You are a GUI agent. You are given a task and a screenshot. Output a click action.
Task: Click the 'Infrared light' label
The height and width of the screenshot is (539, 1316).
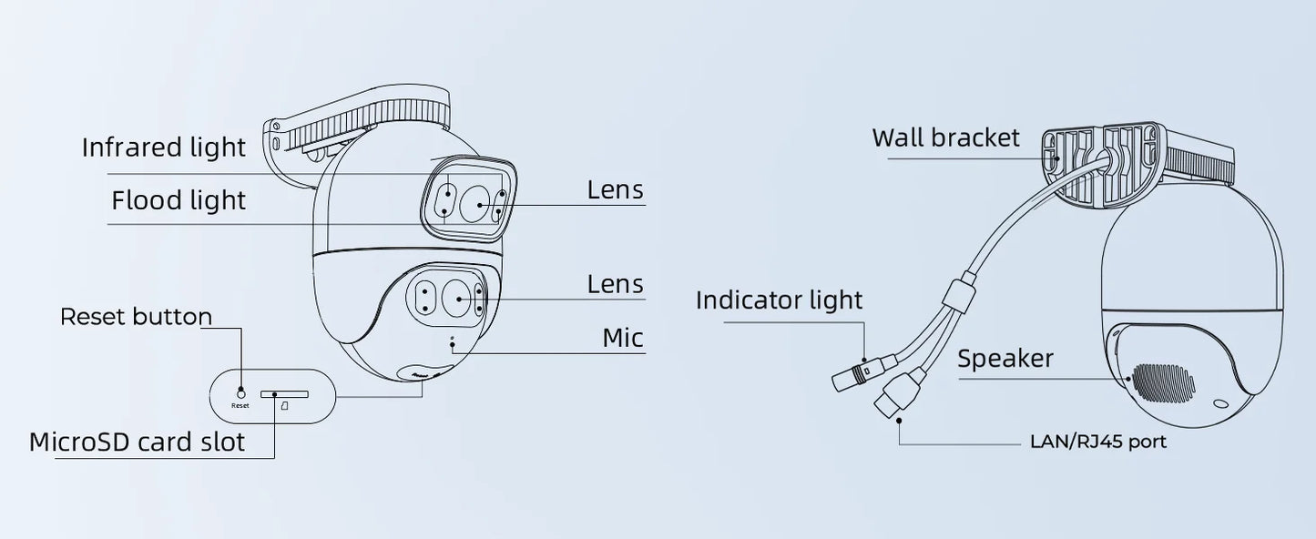pyautogui.click(x=164, y=147)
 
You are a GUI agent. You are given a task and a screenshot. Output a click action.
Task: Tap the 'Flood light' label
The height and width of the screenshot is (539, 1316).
pyautogui.click(x=179, y=200)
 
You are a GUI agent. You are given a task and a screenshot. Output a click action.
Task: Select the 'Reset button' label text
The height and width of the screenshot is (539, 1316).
pyautogui.click(x=136, y=317)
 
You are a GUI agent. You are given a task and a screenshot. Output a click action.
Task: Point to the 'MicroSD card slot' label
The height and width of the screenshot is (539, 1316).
pyautogui.click(x=138, y=442)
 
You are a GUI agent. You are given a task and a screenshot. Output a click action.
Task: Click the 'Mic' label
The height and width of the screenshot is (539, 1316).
pyautogui.click(x=623, y=338)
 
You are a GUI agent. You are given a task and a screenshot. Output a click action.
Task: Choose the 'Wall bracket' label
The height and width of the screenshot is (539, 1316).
pyautogui.click(x=945, y=137)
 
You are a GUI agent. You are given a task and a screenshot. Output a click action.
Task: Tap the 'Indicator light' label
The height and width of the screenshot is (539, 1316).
pyautogui.click(x=779, y=300)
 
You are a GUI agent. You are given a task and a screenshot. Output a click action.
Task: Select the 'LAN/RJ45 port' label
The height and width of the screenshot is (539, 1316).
pyautogui.click(x=1097, y=442)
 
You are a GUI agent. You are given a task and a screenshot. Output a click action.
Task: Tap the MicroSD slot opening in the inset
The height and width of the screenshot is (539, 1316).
pyautogui.click(x=284, y=394)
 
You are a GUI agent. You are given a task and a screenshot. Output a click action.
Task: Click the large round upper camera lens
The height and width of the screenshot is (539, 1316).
pyautogui.click(x=474, y=205)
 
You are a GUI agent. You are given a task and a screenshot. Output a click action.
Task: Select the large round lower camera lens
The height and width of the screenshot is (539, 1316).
pyautogui.click(x=455, y=298)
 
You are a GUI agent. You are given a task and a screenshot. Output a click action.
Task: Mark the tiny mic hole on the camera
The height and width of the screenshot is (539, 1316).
pyautogui.click(x=453, y=344)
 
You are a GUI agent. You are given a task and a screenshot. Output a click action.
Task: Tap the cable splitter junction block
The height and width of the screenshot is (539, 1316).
pyautogui.click(x=956, y=296)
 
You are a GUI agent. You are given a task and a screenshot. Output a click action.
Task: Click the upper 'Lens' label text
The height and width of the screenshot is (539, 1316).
pyautogui.click(x=615, y=190)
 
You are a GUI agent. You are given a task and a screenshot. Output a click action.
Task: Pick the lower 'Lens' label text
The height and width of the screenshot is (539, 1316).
pyautogui.click(x=615, y=284)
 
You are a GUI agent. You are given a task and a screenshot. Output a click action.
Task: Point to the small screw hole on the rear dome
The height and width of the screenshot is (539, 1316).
pyautogui.click(x=1218, y=403)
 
